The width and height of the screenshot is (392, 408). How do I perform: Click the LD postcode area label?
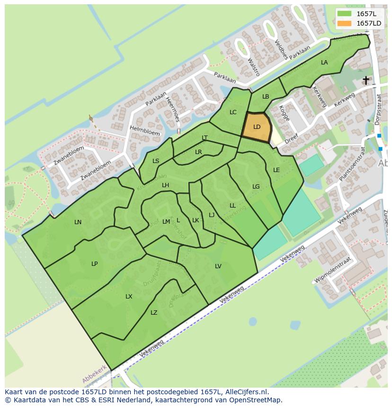(257, 127)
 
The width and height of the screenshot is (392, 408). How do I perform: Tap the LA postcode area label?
(324, 63)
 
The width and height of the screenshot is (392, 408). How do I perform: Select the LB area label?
(266, 97)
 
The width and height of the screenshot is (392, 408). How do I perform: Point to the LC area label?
(233, 112)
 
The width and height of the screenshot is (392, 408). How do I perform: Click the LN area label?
(78, 222)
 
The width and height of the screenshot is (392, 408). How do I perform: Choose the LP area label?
(95, 264)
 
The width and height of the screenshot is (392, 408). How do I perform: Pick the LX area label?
(129, 297)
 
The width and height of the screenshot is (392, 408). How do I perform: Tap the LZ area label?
(154, 313)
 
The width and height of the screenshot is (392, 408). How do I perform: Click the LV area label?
(218, 266)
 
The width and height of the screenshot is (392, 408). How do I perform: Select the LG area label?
(256, 187)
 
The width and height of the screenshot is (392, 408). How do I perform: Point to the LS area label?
(156, 161)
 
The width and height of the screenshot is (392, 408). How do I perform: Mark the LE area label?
(276, 170)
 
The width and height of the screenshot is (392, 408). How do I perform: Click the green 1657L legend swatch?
(345, 14)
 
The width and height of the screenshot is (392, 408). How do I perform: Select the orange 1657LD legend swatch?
(345, 23)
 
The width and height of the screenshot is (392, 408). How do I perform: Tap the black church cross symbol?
(366, 80)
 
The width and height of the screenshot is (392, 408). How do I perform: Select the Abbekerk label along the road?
(94, 374)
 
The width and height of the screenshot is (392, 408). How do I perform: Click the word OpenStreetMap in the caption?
(255, 400)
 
